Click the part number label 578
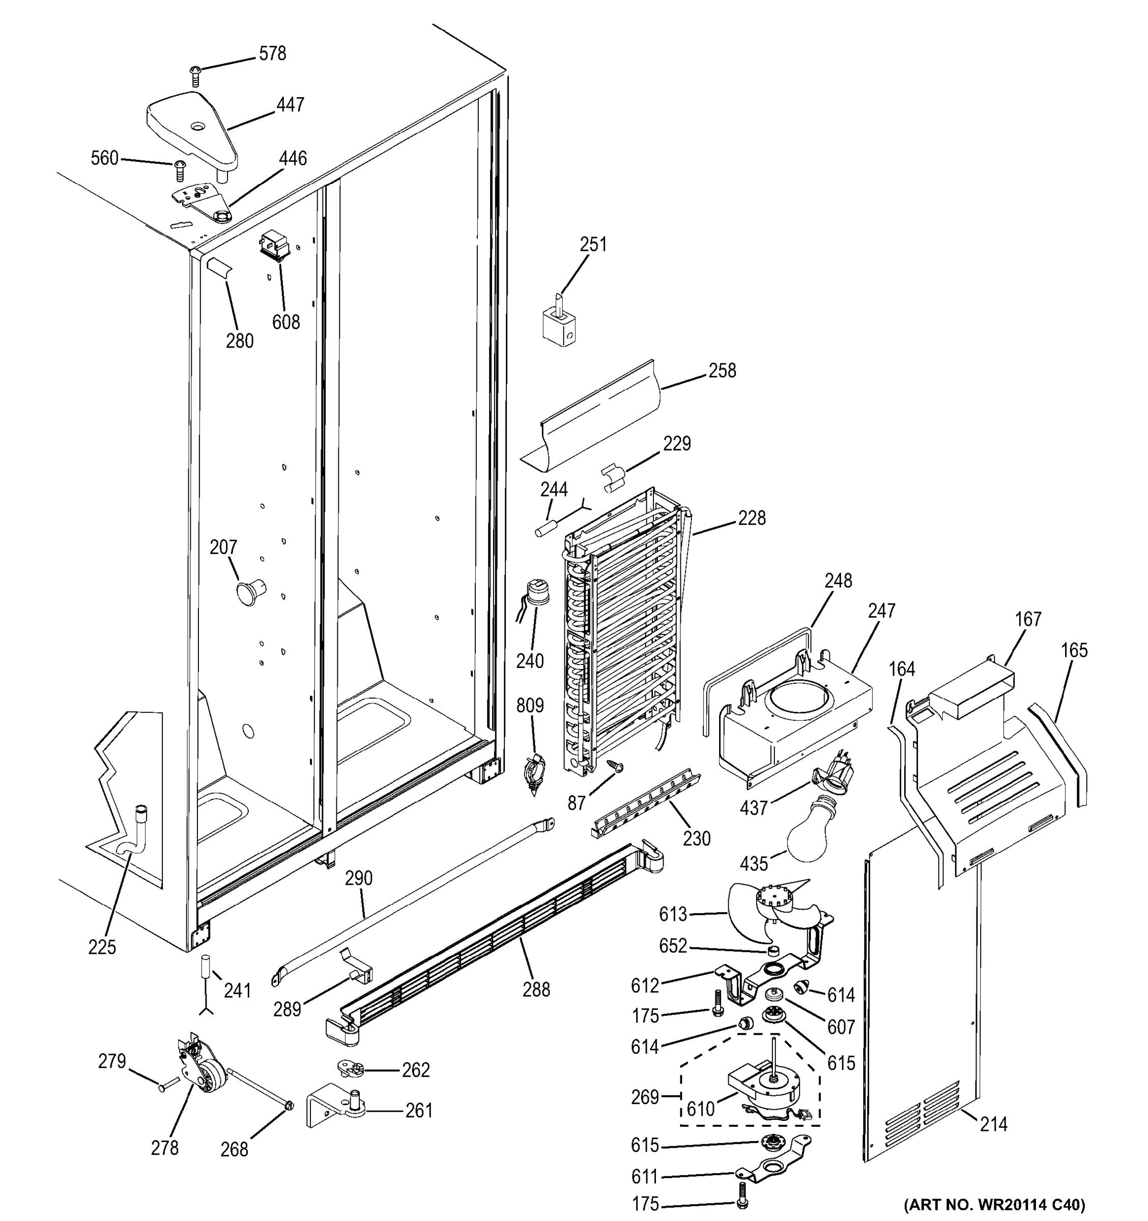tap(272, 54)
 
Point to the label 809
tap(529, 705)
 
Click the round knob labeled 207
tap(249, 592)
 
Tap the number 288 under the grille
tap(536, 990)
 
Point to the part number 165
tap(1074, 650)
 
